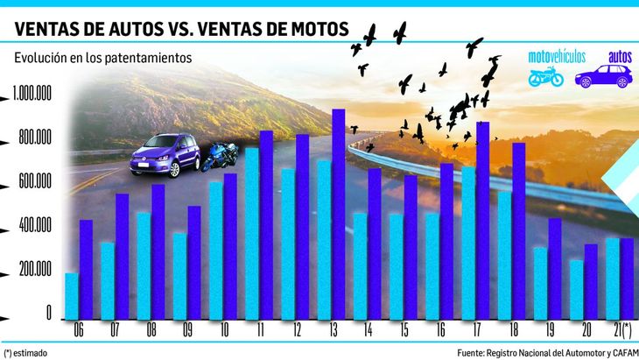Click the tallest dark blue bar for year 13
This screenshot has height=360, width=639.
point(338,214)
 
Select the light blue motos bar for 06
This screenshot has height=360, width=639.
point(72,296)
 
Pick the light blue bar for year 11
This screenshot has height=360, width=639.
point(251,233)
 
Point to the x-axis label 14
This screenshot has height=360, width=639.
point(367,330)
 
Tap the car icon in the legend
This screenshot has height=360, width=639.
point(604,76)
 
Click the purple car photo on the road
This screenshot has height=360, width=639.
point(166,155)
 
